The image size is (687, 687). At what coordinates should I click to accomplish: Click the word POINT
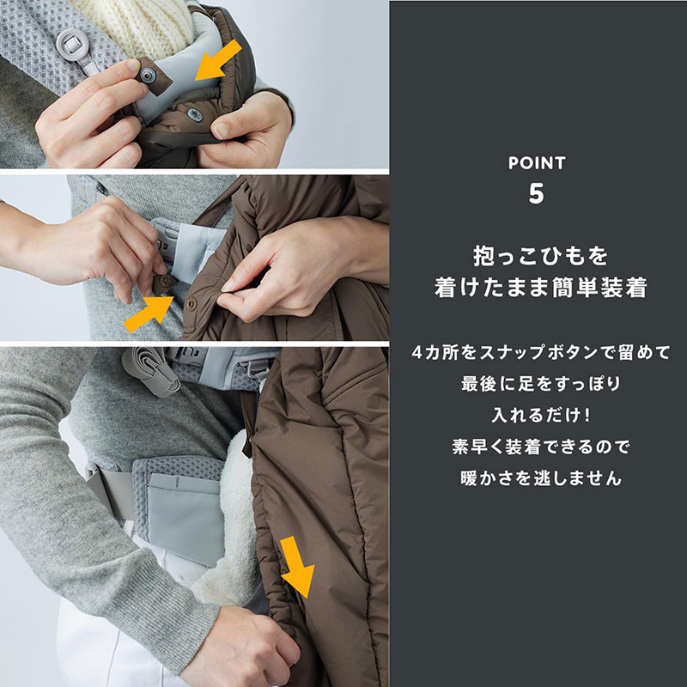(537, 162)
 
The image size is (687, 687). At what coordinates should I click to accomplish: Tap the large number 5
(537, 193)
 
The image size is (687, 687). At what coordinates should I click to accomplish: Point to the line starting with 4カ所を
(538, 352)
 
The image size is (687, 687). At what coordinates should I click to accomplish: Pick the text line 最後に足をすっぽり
(538, 384)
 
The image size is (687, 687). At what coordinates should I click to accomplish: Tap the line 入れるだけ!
(538, 416)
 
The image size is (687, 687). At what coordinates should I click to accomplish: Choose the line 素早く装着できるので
(538, 447)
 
